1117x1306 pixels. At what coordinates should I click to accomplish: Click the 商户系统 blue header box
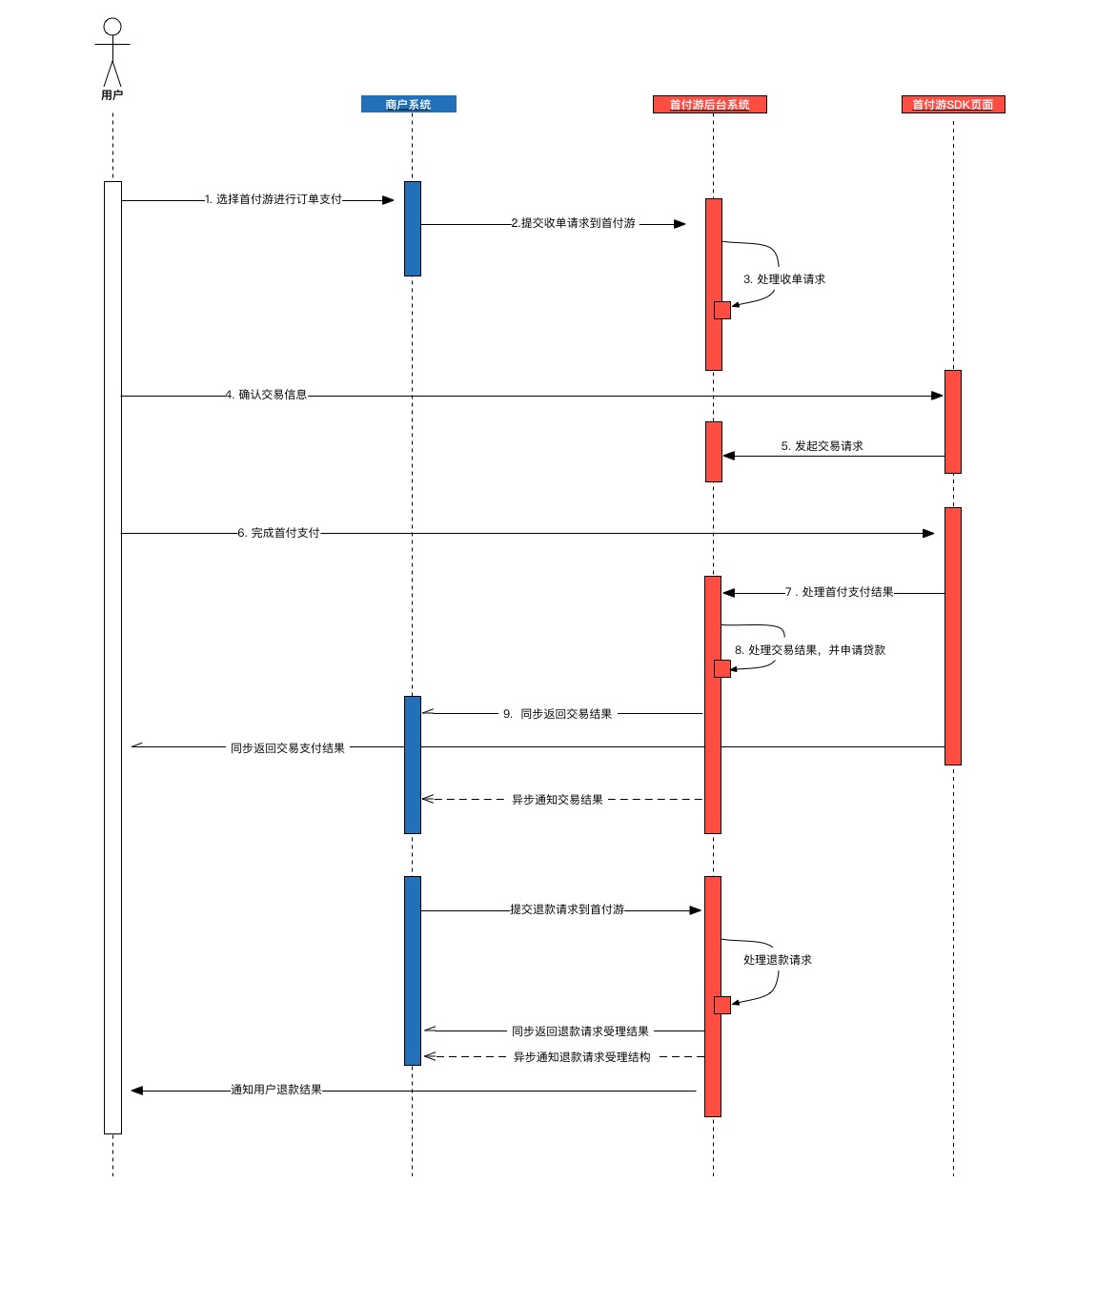(408, 104)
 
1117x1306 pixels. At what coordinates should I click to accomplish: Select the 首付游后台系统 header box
(709, 105)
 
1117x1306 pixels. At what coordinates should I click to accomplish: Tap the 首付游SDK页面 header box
(952, 105)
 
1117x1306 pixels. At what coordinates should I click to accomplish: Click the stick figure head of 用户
(112, 27)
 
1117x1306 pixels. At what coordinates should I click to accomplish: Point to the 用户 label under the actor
(112, 94)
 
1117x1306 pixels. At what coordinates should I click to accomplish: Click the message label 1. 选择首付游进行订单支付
(274, 199)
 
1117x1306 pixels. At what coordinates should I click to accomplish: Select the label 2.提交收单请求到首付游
(573, 223)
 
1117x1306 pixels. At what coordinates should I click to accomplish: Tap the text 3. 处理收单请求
(784, 279)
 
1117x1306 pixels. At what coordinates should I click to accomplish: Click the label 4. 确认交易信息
(266, 395)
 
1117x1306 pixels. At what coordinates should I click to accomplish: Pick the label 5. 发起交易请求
(822, 446)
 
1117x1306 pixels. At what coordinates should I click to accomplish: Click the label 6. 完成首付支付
(278, 533)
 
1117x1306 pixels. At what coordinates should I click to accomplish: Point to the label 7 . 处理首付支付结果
(840, 592)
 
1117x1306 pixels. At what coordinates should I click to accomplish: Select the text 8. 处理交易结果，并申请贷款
(810, 650)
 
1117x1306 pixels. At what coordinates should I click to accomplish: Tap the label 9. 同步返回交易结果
(558, 714)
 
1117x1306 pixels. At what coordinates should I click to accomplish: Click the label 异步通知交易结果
(558, 800)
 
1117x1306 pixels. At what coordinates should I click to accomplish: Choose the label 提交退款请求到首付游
(567, 909)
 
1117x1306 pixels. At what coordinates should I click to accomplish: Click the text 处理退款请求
(778, 960)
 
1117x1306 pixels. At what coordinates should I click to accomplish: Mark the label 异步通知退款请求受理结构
(581, 1057)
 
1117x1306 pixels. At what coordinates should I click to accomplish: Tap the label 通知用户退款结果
(276, 1090)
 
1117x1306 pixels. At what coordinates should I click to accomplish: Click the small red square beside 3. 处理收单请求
(722, 310)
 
